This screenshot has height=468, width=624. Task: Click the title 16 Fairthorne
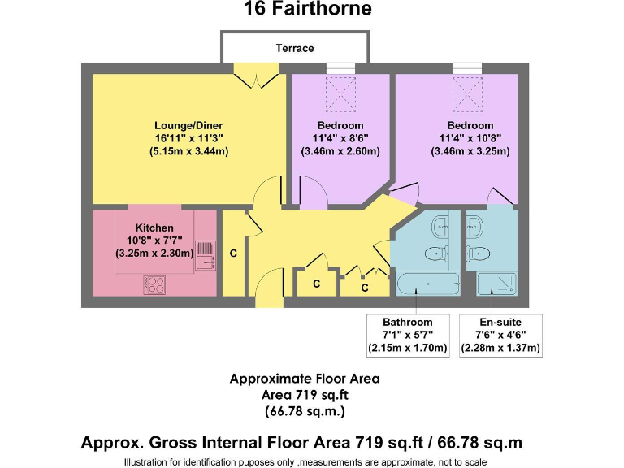click(x=308, y=10)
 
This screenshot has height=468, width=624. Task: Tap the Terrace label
click(x=295, y=48)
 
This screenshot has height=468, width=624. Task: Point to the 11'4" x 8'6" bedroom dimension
click(x=340, y=138)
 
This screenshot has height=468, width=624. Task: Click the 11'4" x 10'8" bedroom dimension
click(x=470, y=138)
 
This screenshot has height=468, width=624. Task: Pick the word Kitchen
click(x=154, y=227)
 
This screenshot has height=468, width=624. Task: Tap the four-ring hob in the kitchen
click(x=154, y=285)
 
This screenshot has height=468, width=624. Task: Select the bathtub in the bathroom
click(x=428, y=284)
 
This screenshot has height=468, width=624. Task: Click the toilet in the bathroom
click(x=438, y=253)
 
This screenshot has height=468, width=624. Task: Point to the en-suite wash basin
click(x=475, y=225)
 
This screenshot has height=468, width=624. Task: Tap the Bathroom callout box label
click(x=408, y=322)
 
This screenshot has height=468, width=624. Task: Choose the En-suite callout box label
click(x=500, y=322)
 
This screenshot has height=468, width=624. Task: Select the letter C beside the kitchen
click(x=233, y=253)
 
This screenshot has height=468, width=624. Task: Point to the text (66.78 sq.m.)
click(x=305, y=411)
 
